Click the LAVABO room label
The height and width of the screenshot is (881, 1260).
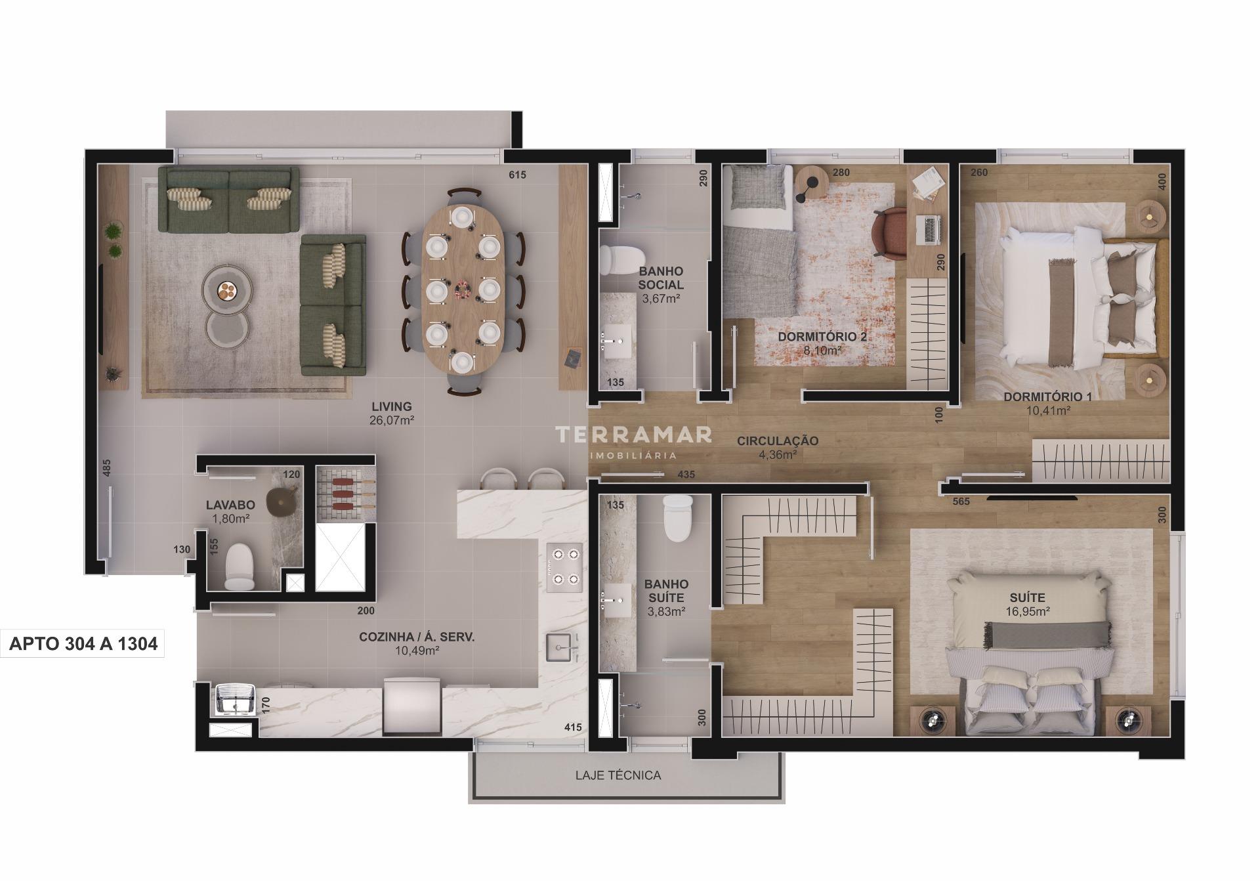[x=230, y=505]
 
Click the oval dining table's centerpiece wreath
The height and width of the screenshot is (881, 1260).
[x=463, y=289]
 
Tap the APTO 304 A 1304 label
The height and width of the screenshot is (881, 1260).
[x=83, y=643]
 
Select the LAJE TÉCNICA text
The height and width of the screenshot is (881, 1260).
[x=618, y=775]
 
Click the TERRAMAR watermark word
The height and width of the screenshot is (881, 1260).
[x=633, y=434]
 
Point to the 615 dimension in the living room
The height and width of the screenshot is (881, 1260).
[x=517, y=175]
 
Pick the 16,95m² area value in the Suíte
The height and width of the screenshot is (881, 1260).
[x=1027, y=611]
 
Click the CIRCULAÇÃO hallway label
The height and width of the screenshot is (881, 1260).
[x=777, y=440]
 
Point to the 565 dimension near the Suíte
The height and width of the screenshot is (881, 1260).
[x=961, y=502]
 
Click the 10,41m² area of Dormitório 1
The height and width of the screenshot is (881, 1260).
[x=1048, y=410]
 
